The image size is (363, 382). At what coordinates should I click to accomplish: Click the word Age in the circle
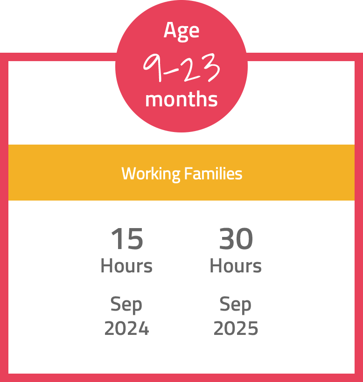click(181, 31)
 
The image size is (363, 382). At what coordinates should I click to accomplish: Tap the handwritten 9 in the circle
click(153, 67)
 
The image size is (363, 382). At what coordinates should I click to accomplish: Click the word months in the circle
click(181, 99)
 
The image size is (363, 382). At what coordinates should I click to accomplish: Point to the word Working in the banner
click(151, 174)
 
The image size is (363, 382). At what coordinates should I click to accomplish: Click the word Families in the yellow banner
click(213, 174)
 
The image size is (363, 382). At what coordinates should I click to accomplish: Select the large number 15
click(127, 238)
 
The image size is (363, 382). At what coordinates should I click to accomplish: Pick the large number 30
click(236, 238)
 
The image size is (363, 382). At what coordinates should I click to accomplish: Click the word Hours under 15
click(127, 266)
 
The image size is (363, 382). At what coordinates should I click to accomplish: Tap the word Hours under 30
click(236, 266)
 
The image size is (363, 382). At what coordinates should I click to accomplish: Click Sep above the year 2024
click(126, 305)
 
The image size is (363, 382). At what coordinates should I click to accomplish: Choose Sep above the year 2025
click(235, 305)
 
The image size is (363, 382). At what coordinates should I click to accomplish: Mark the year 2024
click(127, 328)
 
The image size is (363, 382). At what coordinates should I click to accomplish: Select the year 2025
click(236, 328)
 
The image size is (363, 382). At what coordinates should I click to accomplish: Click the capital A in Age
click(170, 30)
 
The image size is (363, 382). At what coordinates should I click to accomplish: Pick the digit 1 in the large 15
click(117, 238)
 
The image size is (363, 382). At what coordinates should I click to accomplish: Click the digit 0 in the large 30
click(245, 238)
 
